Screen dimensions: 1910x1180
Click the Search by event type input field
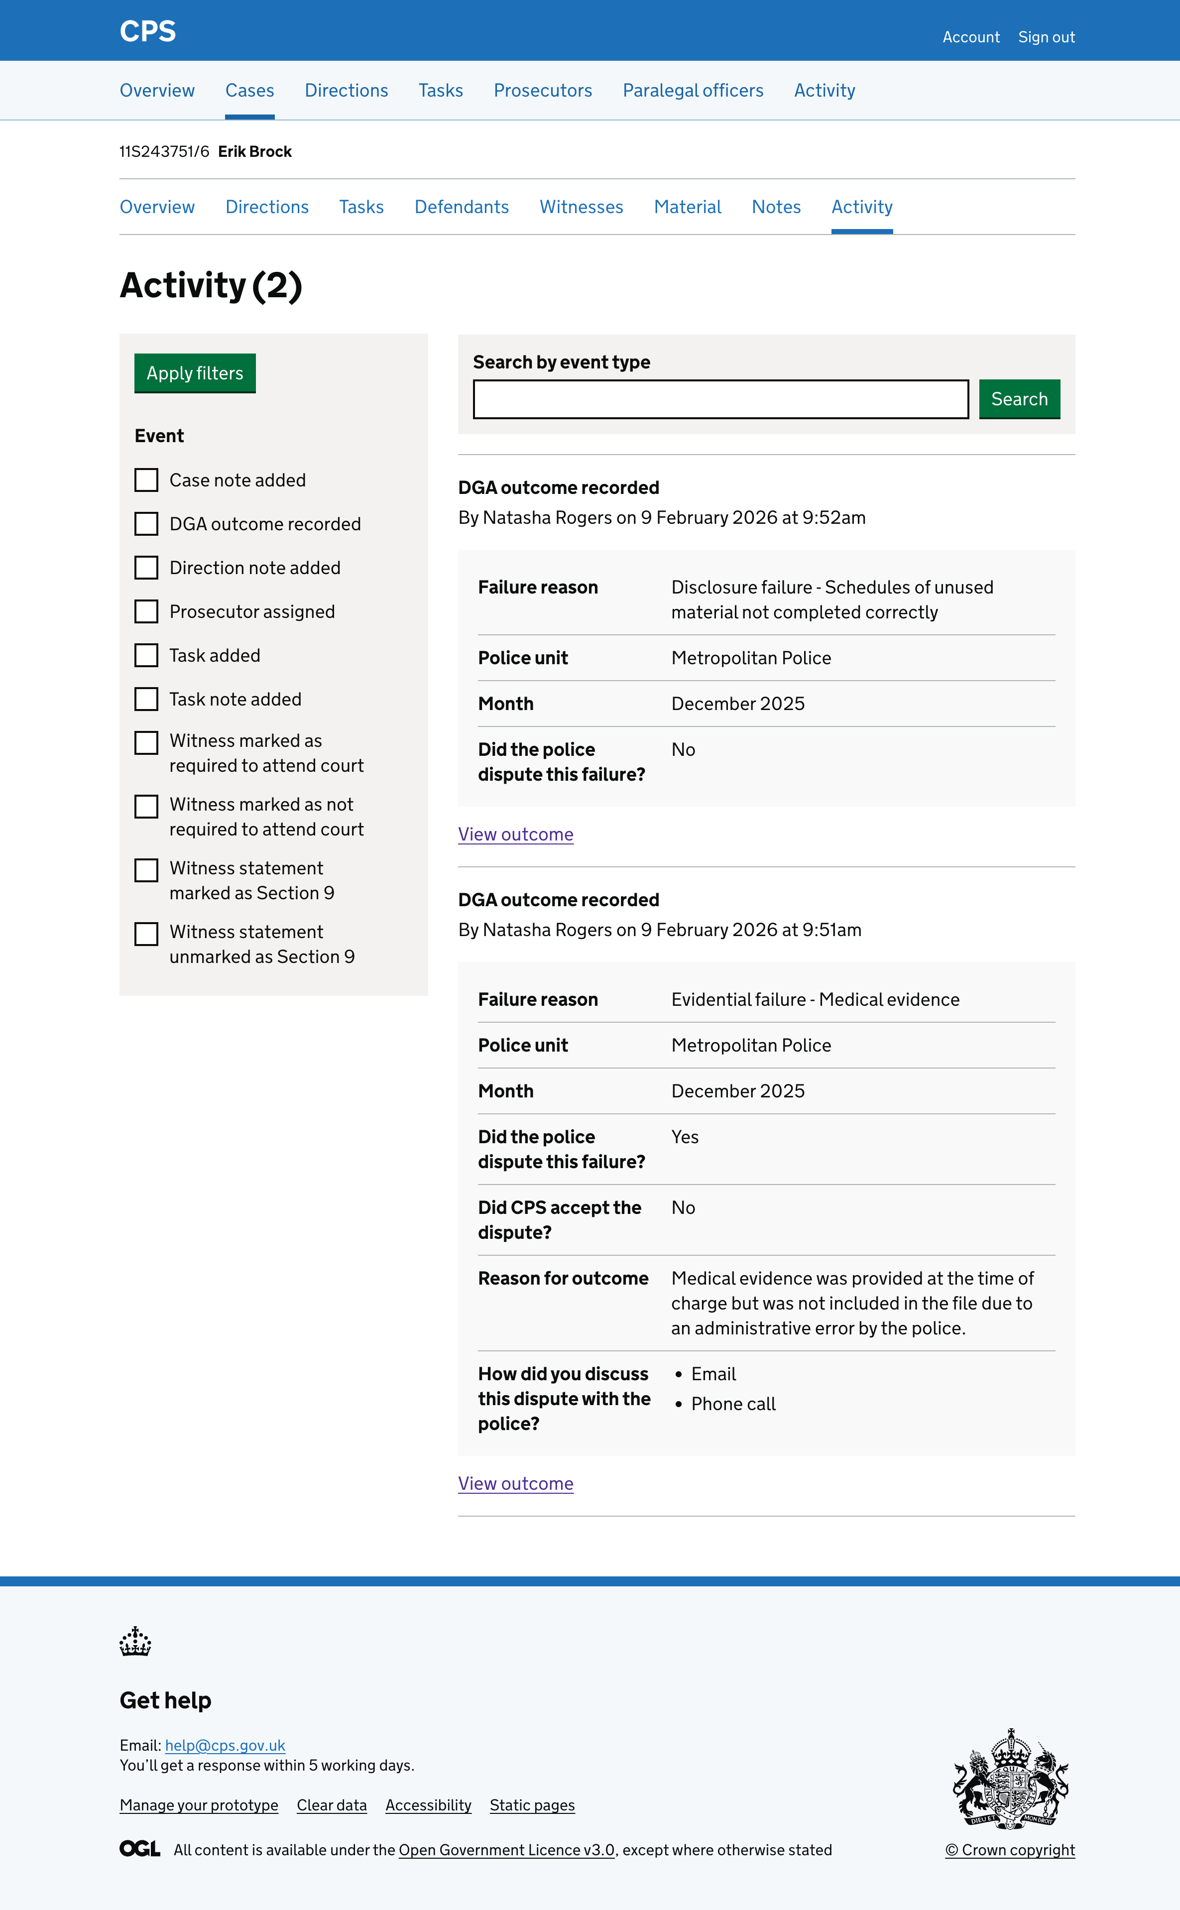(720, 399)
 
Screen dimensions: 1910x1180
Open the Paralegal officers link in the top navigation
(692, 91)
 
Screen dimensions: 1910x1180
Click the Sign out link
(1046, 37)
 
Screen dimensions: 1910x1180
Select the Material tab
(687, 207)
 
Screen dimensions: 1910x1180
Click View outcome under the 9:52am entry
(515, 834)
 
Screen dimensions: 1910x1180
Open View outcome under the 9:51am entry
(515, 1483)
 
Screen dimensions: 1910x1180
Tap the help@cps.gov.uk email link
(225, 1745)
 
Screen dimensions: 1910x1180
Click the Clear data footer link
(332, 1804)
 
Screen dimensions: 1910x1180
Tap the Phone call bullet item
(733, 1404)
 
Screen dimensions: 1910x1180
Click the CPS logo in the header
(147, 31)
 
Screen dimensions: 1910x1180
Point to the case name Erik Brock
(254, 151)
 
